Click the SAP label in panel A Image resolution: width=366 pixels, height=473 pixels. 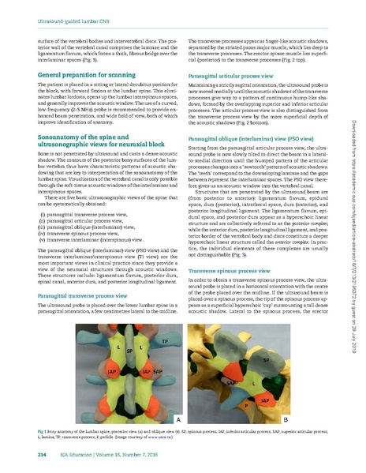point(158,370)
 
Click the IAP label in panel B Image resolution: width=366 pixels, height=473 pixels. point(266,401)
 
